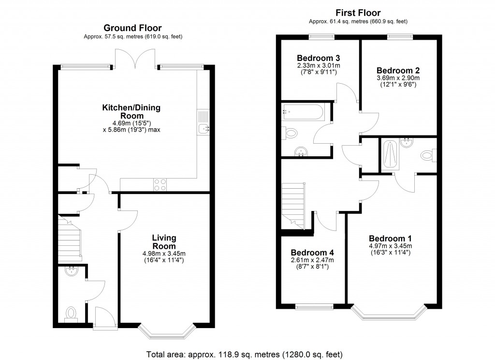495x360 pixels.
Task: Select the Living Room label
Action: [164, 242]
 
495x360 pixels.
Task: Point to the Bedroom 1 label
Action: [390, 239]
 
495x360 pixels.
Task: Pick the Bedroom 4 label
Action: [312, 253]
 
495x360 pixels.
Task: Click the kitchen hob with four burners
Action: [160, 185]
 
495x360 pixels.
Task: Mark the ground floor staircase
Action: [69, 237]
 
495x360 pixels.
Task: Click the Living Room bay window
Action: [167, 332]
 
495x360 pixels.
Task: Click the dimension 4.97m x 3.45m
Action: [390, 246]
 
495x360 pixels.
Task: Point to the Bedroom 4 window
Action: [314, 306]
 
